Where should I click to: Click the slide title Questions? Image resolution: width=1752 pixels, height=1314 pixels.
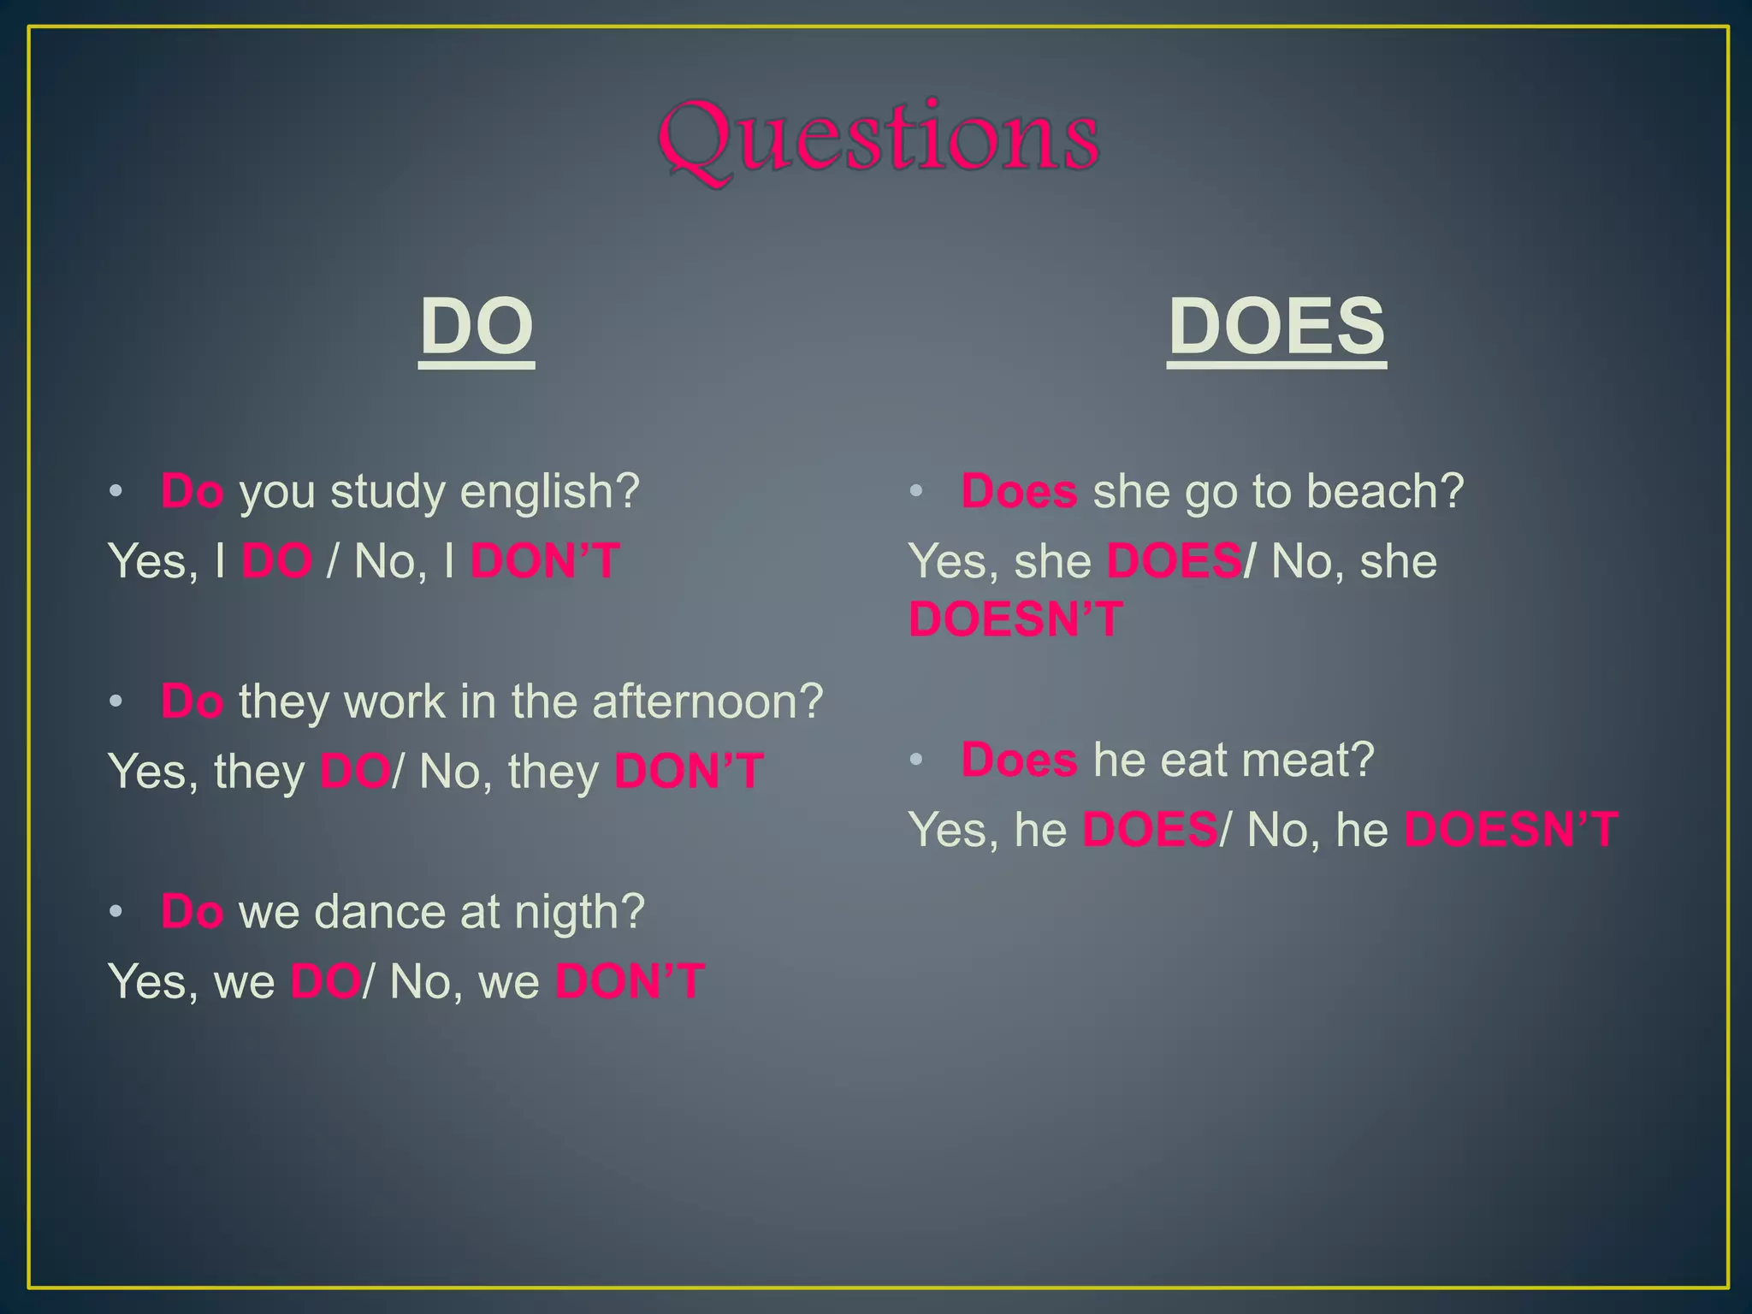879,139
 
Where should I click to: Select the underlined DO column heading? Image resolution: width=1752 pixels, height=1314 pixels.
476,327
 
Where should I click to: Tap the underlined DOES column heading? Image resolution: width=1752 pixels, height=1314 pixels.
1276,327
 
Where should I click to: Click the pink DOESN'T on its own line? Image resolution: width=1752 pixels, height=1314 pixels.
1015,619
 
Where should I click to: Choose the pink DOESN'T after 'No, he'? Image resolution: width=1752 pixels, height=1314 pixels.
1511,830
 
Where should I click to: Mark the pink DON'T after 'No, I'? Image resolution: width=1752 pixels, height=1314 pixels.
545,562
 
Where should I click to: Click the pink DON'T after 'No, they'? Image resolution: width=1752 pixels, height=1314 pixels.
689,772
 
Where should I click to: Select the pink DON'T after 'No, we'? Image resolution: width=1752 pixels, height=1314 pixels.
630,982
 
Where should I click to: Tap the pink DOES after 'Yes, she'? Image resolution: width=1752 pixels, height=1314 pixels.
1174,562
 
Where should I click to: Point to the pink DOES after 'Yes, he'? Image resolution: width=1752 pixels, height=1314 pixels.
1150,830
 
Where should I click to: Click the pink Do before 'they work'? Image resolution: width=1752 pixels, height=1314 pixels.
192,702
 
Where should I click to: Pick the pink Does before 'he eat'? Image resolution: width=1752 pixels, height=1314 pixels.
1019,760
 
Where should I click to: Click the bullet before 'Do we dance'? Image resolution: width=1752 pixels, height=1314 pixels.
116,912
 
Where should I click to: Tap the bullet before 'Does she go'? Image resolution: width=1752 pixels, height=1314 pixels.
916,492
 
